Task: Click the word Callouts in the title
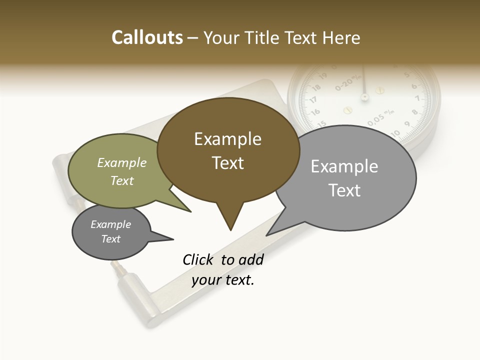(x=147, y=37)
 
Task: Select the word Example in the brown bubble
(x=227, y=139)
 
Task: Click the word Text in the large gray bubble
(x=344, y=190)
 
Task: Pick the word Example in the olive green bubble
(x=122, y=162)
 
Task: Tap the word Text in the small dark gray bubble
(x=111, y=239)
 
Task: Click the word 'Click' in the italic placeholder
(x=198, y=259)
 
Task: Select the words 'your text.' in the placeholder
(x=223, y=280)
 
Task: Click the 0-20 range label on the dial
(x=346, y=83)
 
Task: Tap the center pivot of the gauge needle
(x=364, y=96)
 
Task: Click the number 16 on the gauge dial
(x=315, y=112)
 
